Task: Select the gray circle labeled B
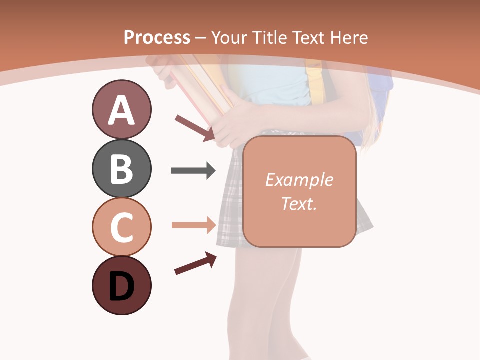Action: click(x=121, y=168)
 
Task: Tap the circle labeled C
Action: click(x=121, y=227)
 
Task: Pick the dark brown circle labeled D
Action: click(x=121, y=285)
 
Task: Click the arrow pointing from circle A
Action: click(x=195, y=128)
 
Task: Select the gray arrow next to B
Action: click(x=193, y=171)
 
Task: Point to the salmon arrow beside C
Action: click(x=193, y=225)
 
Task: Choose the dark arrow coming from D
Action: click(x=195, y=263)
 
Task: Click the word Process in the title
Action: click(x=157, y=38)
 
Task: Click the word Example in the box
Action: click(x=299, y=180)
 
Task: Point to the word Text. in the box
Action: click(x=299, y=203)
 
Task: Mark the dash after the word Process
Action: click(x=201, y=38)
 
